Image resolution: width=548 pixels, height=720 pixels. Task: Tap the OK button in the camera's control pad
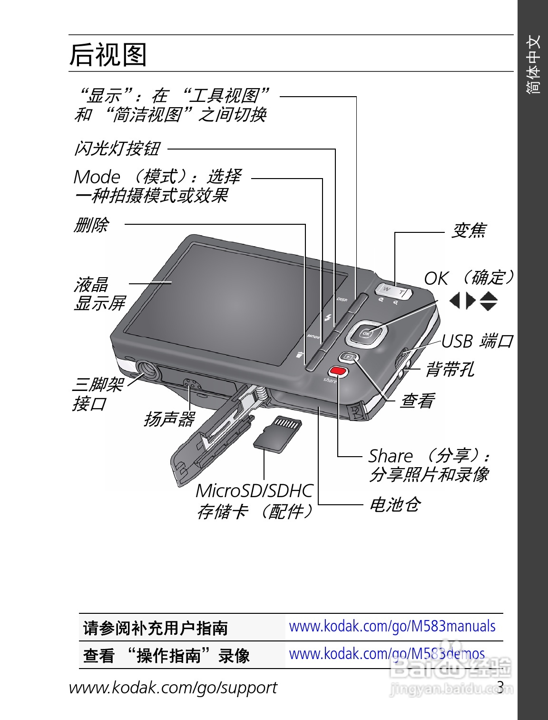[366, 333]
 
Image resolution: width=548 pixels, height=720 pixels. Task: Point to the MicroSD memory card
[278, 433]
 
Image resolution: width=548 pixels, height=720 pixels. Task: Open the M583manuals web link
[392, 626]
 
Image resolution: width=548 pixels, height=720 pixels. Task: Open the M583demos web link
[387, 654]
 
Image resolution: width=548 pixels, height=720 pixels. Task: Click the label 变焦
[469, 231]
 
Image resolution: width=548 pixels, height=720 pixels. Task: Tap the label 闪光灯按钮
[117, 149]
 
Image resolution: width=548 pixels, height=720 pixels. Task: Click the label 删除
[91, 224]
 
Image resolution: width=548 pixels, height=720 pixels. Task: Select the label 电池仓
[395, 504]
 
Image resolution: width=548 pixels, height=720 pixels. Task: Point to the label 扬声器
[169, 419]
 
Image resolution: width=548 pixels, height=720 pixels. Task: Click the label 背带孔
[450, 369]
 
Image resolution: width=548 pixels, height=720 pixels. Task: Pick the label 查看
[417, 400]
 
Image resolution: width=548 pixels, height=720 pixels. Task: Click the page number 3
[500, 686]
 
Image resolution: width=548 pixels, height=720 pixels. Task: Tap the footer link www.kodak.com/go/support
[173, 688]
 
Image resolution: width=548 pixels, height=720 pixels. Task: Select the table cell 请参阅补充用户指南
[155, 628]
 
